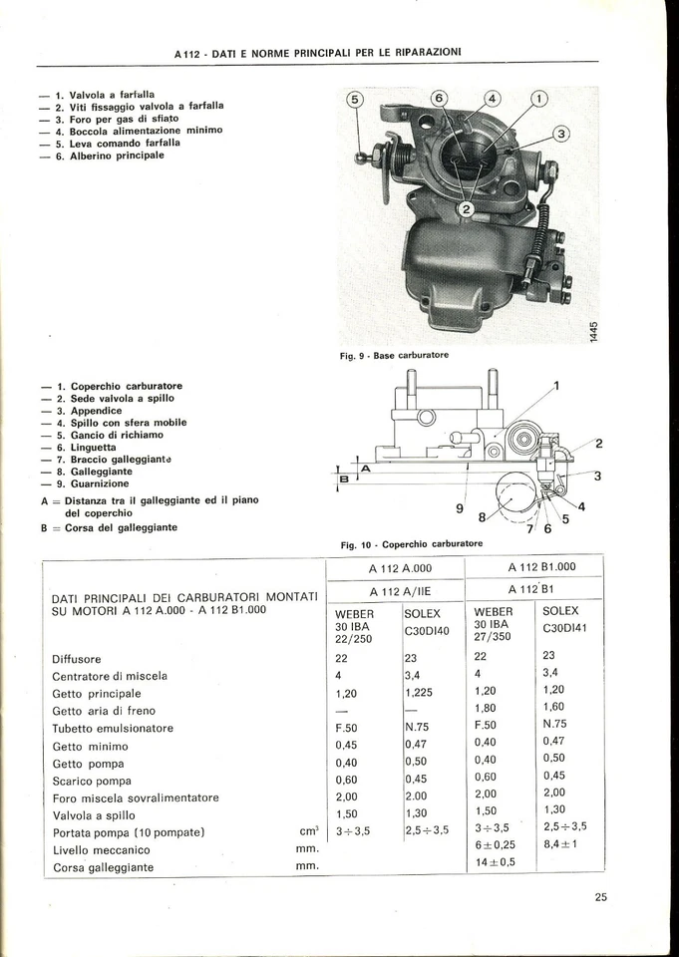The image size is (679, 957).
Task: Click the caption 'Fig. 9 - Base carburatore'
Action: (394, 355)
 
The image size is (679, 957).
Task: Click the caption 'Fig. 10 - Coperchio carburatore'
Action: (412, 544)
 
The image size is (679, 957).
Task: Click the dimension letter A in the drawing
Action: (364, 467)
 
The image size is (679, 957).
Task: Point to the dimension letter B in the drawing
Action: (344, 479)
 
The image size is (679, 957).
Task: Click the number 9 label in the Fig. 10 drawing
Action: (459, 508)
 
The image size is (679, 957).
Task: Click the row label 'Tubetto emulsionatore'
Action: (113, 728)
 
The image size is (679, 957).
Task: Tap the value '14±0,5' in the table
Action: (495, 862)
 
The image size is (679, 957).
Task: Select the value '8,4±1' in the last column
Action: (562, 844)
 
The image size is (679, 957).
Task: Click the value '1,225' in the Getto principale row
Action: (421, 692)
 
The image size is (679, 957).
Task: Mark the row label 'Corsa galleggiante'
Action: (103, 867)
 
